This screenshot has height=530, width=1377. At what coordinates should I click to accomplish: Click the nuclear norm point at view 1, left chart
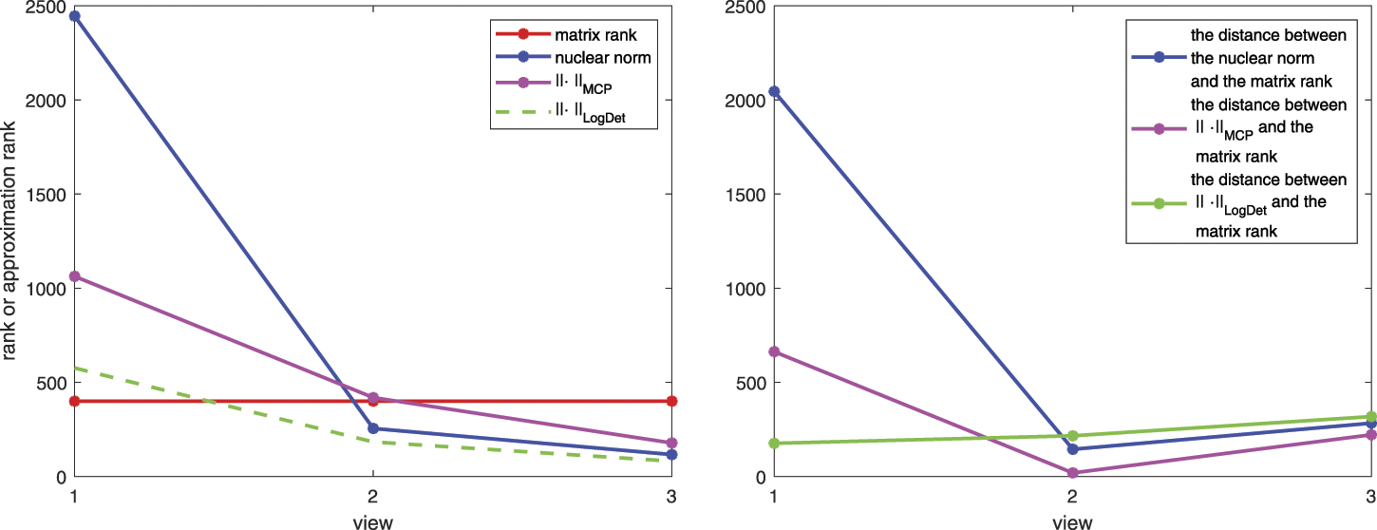click(74, 16)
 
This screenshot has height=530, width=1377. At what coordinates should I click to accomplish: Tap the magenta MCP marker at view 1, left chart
click(74, 276)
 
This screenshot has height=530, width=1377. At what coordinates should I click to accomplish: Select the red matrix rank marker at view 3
click(671, 401)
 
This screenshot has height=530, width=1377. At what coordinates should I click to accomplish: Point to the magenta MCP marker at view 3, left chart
click(671, 443)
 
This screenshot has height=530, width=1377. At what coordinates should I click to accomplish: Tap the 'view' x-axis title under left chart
click(373, 521)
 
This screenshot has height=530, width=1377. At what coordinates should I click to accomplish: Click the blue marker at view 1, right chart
click(774, 91)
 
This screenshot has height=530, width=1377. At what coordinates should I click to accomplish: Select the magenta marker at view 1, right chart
click(774, 352)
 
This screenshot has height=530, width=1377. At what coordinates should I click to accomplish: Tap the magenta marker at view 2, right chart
click(1072, 472)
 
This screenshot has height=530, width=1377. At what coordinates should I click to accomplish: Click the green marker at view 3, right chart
click(1370, 417)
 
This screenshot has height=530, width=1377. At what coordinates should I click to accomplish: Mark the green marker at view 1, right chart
click(774, 444)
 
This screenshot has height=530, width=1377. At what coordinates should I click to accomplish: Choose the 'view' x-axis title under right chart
click(1072, 521)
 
